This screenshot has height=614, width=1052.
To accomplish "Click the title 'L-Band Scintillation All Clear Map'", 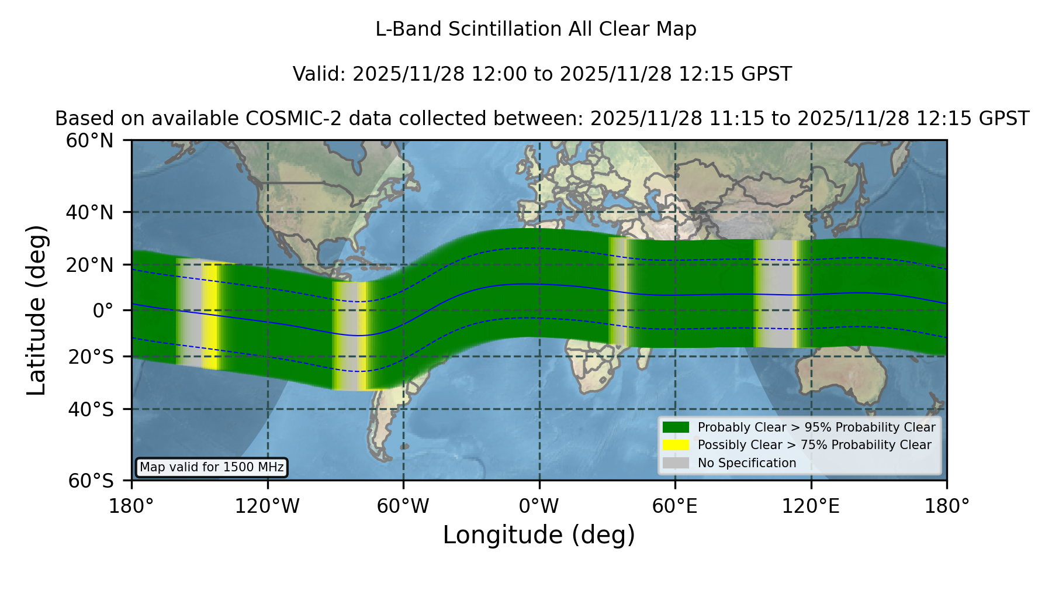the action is pyautogui.click(x=536, y=29).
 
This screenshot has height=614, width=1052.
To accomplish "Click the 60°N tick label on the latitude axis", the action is pyautogui.click(x=90, y=141).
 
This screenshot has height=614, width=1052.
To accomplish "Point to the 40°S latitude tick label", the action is pyautogui.click(x=91, y=409).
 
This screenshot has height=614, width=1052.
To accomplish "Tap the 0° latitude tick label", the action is pyautogui.click(x=103, y=311).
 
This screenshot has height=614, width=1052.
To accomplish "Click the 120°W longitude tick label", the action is pyautogui.click(x=267, y=506).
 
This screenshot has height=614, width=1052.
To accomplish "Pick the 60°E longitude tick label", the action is pyautogui.click(x=675, y=506).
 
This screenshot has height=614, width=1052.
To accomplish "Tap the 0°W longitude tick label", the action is pyautogui.click(x=539, y=506).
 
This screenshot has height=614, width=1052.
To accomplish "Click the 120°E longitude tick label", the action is pyautogui.click(x=811, y=506).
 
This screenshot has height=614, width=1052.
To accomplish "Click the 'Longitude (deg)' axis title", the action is pyautogui.click(x=539, y=535).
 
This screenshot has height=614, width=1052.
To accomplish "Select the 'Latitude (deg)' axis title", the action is pyautogui.click(x=36, y=310).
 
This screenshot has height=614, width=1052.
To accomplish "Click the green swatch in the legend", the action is pyautogui.click(x=676, y=427).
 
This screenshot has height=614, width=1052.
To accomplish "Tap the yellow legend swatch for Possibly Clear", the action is pyautogui.click(x=676, y=445).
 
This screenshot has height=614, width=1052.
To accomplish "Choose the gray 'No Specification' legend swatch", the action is pyautogui.click(x=676, y=463).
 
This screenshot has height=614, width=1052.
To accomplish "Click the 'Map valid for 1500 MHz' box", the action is pyautogui.click(x=212, y=467).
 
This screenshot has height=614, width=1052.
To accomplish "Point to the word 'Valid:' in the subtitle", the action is pyautogui.click(x=320, y=74).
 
